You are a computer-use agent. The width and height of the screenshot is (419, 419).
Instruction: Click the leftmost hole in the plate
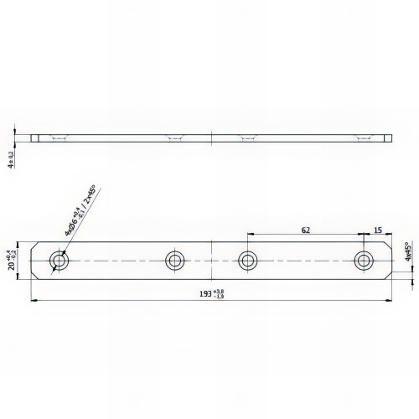tap(59, 261)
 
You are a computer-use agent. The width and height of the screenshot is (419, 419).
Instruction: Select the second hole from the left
tap(175, 261)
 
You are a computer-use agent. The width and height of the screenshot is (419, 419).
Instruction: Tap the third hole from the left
tap(247, 261)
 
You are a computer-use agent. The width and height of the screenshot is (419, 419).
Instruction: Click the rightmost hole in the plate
tap(363, 261)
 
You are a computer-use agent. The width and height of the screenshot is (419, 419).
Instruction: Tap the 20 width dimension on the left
tap(10, 260)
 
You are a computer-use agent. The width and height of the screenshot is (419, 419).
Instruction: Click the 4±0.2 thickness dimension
tap(10, 158)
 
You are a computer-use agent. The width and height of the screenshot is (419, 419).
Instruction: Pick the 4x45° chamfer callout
tap(408, 255)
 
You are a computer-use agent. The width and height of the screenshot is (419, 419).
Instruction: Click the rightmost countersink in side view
tap(363, 138)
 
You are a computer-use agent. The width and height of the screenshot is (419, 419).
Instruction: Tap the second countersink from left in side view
tap(175, 138)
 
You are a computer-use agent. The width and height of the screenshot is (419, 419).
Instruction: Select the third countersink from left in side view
tap(247, 138)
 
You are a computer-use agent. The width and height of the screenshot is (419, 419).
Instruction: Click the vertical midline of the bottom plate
tap(211, 261)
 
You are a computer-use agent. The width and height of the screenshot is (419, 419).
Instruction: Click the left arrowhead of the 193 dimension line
tap(33, 300)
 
